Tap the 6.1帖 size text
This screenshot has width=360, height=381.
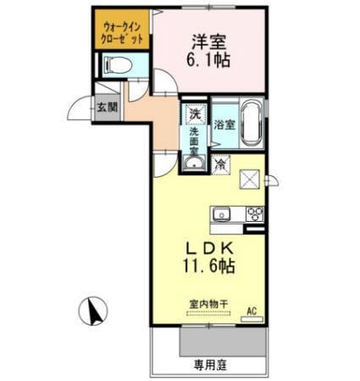(x=208, y=61)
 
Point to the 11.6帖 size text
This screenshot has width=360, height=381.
(x=209, y=268)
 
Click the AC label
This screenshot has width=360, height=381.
(x=252, y=312)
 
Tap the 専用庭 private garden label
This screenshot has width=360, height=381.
(x=209, y=366)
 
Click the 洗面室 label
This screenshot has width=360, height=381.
(x=193, y=138)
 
